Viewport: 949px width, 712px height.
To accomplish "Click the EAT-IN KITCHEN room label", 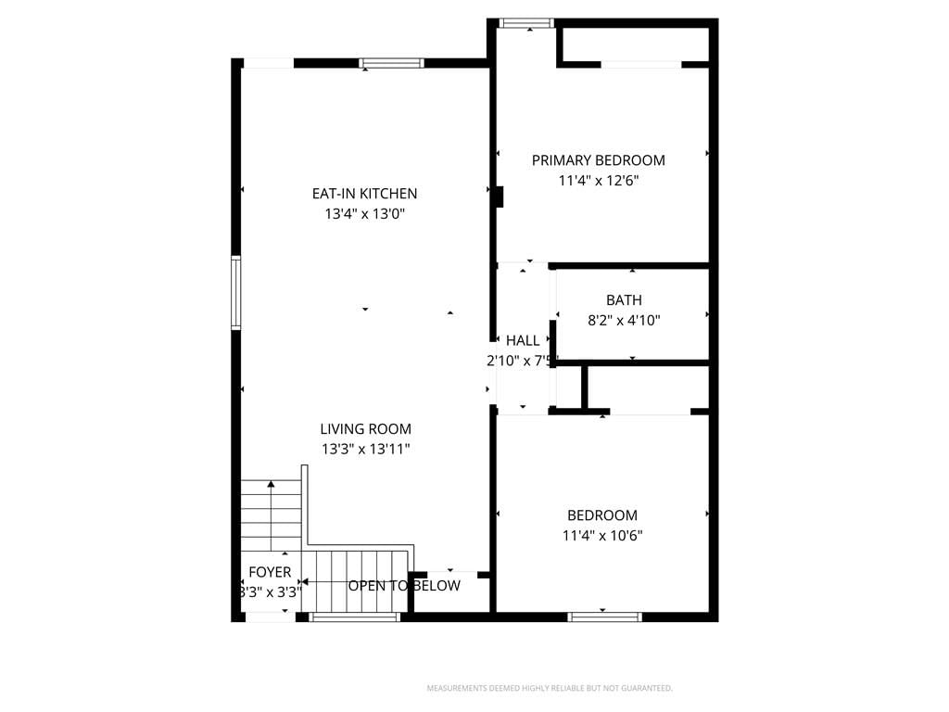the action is pyautogui.click(x=364, y=194).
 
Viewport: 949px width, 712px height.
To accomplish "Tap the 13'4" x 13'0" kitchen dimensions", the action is pyautogui.click(x=364, y=214).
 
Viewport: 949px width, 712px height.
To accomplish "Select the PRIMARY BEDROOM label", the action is pyautogui.click(x=598, y=160).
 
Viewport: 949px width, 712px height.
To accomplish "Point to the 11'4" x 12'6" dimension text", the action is pyautogui.click(x=598, y=181).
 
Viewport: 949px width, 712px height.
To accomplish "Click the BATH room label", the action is pyautogui.click(x=624, y=300).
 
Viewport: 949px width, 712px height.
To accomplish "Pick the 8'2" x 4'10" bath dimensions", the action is pyautogui.click(x=624, y=320).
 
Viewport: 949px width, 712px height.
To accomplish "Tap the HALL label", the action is pyautogui.click(x=523, y=341).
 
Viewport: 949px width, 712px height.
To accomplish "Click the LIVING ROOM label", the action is pyautogui.click(x=365, y=429).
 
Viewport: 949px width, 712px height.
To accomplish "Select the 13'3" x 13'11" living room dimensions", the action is pyautogui.click(x=365, y=450).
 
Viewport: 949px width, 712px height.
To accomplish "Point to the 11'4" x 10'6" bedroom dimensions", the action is pyautogui.click(x=602, y=536).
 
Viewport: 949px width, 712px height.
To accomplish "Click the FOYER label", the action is pyautogui.click(x=270, y=572).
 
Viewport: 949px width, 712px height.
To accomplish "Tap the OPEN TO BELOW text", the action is pyautogui.click(x=404, y=586).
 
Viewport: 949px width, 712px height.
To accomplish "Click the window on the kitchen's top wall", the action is pyautogui.click(x=392, y=63).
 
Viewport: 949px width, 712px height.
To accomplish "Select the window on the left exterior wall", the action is pyautogui.click(x=236, y=293).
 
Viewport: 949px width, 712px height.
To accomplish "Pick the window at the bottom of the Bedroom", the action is pyautogui.click(x=604, y=617).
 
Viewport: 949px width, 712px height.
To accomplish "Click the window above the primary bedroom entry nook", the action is pyautogui.click(x=526, y=23).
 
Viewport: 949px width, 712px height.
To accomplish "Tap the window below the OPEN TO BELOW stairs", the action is pyautogui.click(x=355, y=617).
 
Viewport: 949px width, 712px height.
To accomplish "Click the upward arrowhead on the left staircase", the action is pyautogui.click(x=272, y=484).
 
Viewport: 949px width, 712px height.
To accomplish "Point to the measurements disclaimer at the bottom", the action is pyautogui.click(x=550, y=689).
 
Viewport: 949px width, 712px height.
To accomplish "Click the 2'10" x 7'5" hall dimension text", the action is pyautogui.click(x=519, y=362).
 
